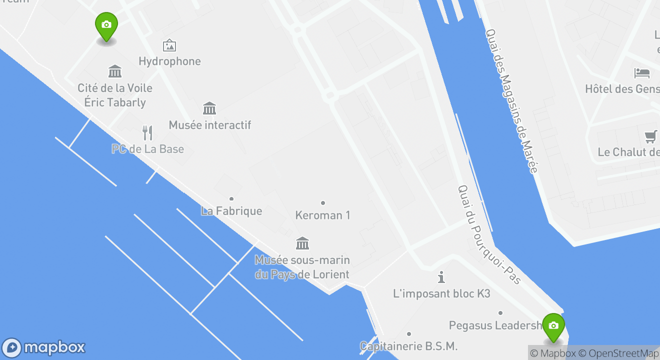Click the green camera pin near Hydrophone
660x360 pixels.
[106, 26]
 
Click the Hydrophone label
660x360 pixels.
[169, 61]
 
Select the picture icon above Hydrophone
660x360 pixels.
[169, 46]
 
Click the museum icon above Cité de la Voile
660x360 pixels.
[115, 71]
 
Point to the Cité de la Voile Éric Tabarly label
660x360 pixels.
[115, 95]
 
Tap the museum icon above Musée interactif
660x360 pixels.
[209, 108]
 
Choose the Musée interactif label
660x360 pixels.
[210, 125]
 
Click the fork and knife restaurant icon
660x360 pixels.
[147, 132]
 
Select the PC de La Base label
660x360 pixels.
[148, 149]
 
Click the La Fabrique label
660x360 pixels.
[231, 211]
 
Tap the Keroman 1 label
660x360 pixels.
[322, 215]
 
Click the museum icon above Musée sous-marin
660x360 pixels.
[302, 243]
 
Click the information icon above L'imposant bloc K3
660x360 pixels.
[441, 277]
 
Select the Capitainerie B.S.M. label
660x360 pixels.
[408, 346]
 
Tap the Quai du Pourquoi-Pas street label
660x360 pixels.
[489, 235]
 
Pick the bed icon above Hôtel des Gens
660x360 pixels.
[642, 73]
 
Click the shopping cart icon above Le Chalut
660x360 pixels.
[650, 136]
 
